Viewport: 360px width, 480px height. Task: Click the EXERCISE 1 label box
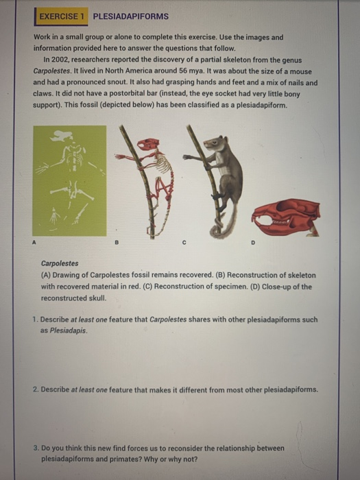(x=62, y=15)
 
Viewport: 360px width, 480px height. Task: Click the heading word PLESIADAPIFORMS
(x=130, y=15)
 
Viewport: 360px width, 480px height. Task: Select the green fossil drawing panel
(x=70, y=180)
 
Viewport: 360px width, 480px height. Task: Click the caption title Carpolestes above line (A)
(x=60, y=263)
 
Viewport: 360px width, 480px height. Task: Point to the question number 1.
(x=35, y=320)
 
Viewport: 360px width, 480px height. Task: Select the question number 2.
(x=35, y=389)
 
